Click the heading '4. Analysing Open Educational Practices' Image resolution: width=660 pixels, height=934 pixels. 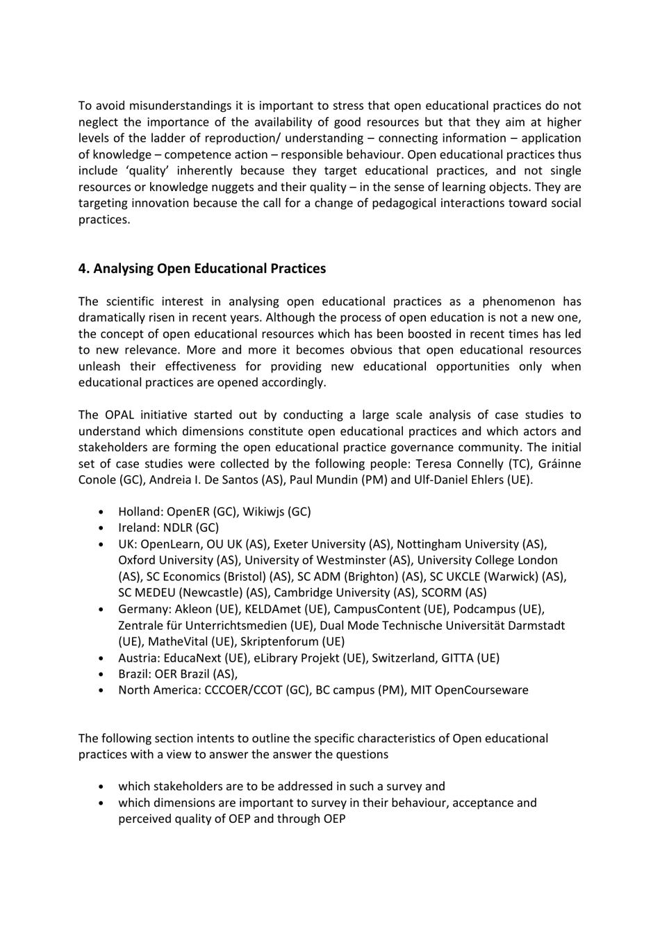[x=201, y=269]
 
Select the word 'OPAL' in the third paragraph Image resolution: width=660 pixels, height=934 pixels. [x=121, y=415]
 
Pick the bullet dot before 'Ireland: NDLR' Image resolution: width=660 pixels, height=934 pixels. [x=102, y=528]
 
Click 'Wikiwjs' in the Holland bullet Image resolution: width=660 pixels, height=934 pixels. [x=263, y=511]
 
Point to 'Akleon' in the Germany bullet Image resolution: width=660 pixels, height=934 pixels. [x=194, y=609]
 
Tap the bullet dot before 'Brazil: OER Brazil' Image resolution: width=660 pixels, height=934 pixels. [x=102, y=674]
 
